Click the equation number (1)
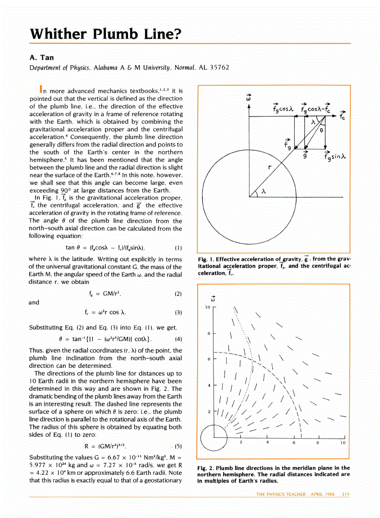[178, 248]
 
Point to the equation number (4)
[178, 339]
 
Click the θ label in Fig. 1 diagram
[322, 129]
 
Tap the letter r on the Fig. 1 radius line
[270, 167]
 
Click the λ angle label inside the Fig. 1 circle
[263, 191]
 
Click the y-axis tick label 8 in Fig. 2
[209, 333]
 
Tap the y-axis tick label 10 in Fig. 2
[208, 306]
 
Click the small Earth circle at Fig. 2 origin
[213, 438]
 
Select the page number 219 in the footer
[345, 494]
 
